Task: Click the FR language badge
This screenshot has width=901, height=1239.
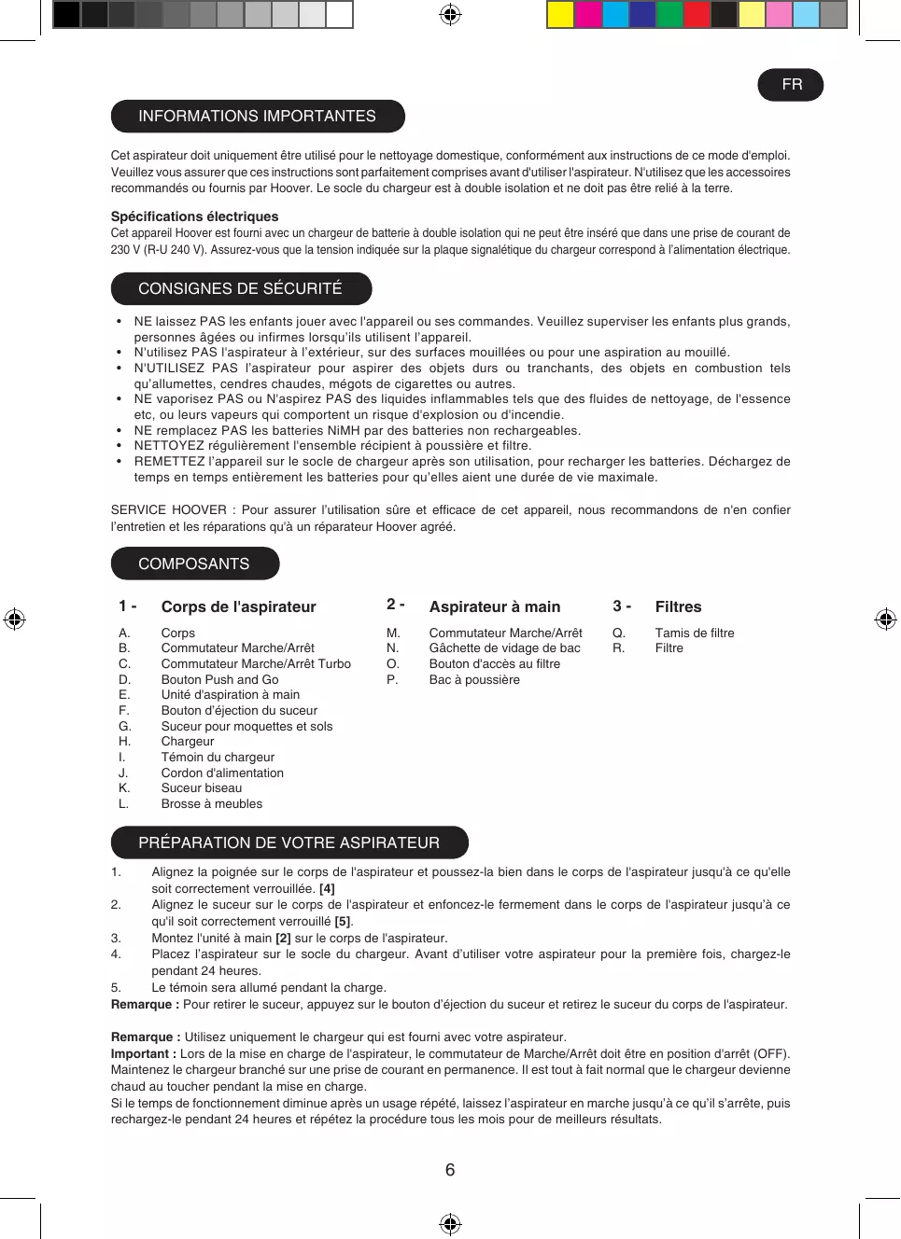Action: (791, 85)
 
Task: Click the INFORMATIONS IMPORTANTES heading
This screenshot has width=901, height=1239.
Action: (257, 117)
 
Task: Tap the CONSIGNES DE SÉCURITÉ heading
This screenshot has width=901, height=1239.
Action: (241, 288)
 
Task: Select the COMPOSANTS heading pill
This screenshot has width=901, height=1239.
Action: (194, 564)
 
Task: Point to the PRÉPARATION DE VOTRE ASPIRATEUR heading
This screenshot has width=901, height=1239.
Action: (289, 842)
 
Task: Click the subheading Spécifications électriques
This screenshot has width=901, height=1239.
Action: (194, 216)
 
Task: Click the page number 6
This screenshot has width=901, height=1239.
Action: (450, 1170)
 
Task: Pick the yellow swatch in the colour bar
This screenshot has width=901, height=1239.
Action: (560, 14)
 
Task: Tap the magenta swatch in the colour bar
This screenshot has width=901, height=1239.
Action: (588, 14)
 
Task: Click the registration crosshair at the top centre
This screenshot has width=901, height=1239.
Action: (450, 14)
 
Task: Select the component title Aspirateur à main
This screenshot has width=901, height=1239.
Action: (495, 606)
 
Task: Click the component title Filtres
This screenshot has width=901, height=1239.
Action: (678, 606)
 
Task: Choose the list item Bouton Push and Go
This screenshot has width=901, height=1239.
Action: (219, 679)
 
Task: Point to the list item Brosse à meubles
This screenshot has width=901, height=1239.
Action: (212, 803)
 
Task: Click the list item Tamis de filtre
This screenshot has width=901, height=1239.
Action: (695, 633)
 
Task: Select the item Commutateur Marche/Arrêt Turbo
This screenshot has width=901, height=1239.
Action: (256, 663)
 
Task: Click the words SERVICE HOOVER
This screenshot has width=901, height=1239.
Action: (169, 509)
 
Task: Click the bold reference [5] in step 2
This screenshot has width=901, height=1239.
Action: (343, 921)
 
